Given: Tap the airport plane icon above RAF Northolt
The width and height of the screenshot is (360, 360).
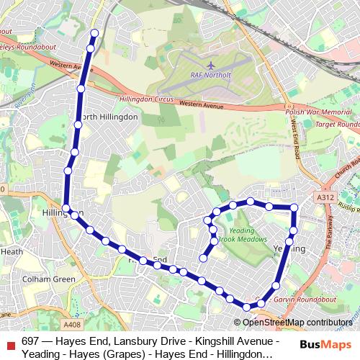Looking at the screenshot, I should click(x=210, y=64).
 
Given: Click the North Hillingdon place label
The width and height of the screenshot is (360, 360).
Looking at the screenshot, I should click(x=109, y=117).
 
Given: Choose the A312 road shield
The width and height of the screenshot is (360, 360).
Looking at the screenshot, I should click(x=325, y=196).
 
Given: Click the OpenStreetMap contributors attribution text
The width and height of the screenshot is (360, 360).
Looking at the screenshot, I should click(x=297, y=323).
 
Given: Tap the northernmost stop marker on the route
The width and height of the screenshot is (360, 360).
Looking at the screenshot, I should click(x=94, y=32).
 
